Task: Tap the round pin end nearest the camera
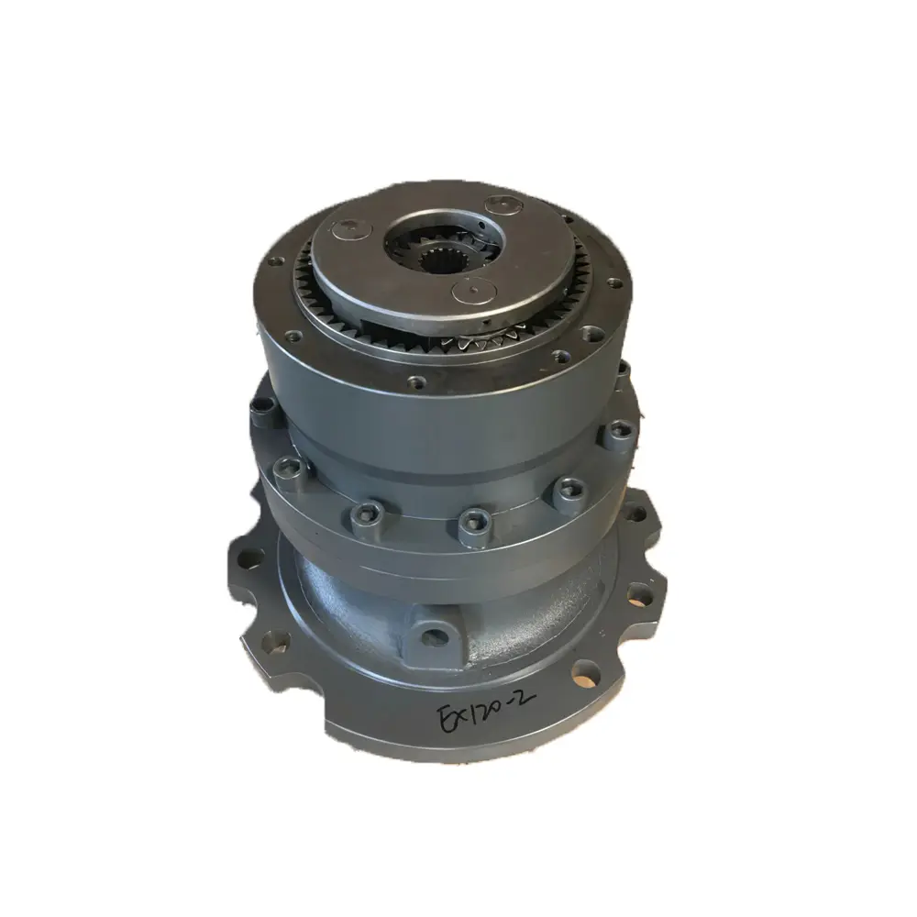468,292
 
